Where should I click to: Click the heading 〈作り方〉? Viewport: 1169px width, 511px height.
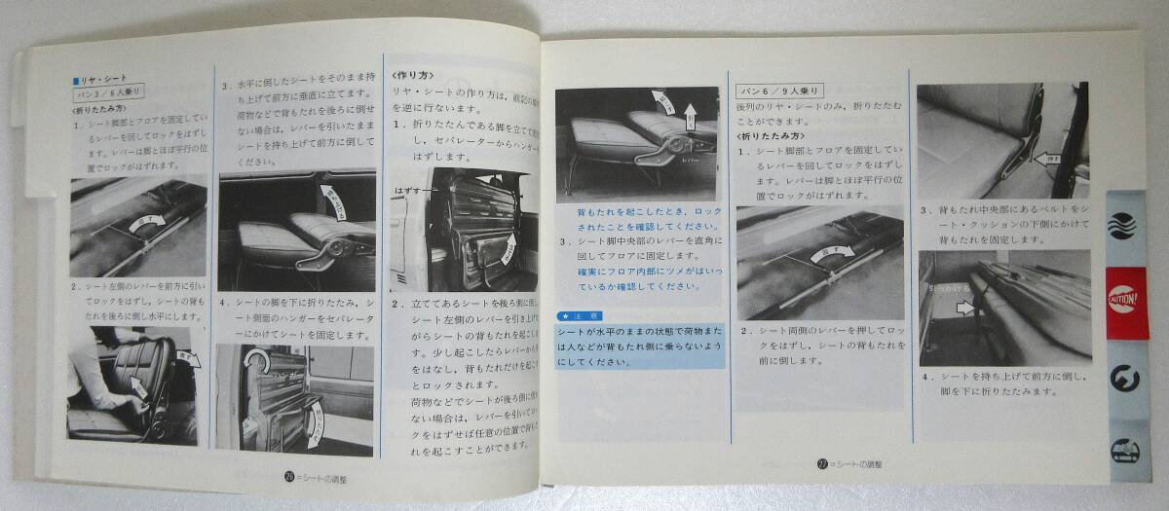(x=413, y=74)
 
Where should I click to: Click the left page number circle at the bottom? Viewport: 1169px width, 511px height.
(x=289, y=476)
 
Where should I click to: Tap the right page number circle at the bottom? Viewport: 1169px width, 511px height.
(x=821, y=465)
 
